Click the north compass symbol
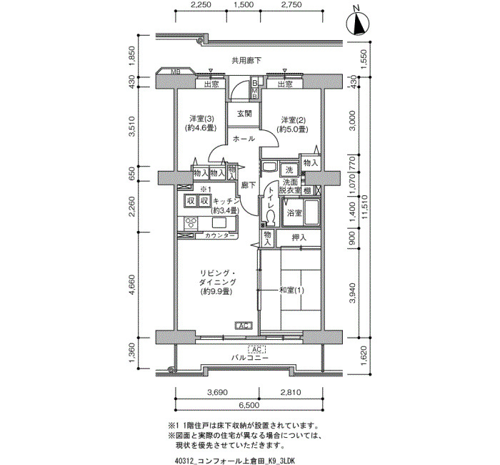pyautogui.click(x=358, y=23)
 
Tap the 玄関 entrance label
pyautogui.click(x=244, y=114)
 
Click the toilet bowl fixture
pyautogui.click(x=271, y=217)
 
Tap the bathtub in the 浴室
pyautogui.click(x=311, y=212)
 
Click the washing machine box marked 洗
pyautogui.click(x=289, y=170)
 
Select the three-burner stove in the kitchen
pyautogui.click(x=191, y=223)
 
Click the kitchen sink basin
pyautogui.click(x=218, y=222)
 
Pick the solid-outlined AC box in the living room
pyautogui.click(x=244, y=325)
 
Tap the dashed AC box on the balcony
pyautogui.click(x=256, y=349)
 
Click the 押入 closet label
pyautogui.click(x=299, y=238)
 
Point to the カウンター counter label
pyautogui.click(x=220, y=235)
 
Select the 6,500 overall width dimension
pyautogui.click(x=249, y=406)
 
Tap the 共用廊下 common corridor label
pyautogui.click(x=246, y=60)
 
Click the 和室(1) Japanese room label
pyautogui.click(x=291, y=290)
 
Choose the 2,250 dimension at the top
pyautogui.click(x=201, y=5)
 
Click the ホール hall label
pyautogui.click(x=244, y=139)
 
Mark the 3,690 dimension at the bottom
pyautogui.click(x=217, y=392)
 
